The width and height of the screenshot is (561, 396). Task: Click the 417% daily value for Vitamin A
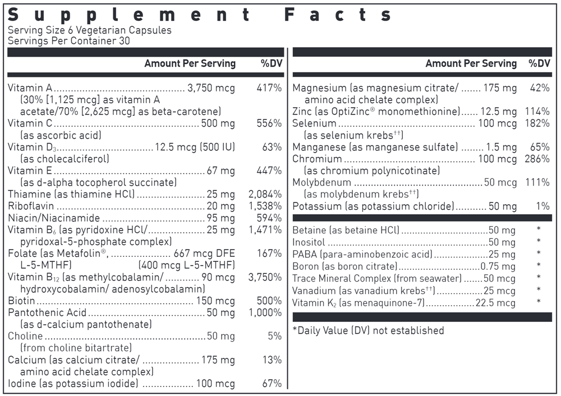click(270, 88)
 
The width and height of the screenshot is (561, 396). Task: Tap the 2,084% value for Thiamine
click(265, 194)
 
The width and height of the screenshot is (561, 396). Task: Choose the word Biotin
click(20, 301)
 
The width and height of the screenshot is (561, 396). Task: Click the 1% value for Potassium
click(542, 206)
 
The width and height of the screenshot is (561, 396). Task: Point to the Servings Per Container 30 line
click(65, 41)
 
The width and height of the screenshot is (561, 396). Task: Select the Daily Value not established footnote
click(368, 330)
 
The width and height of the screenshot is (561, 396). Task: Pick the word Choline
click(25, 336)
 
